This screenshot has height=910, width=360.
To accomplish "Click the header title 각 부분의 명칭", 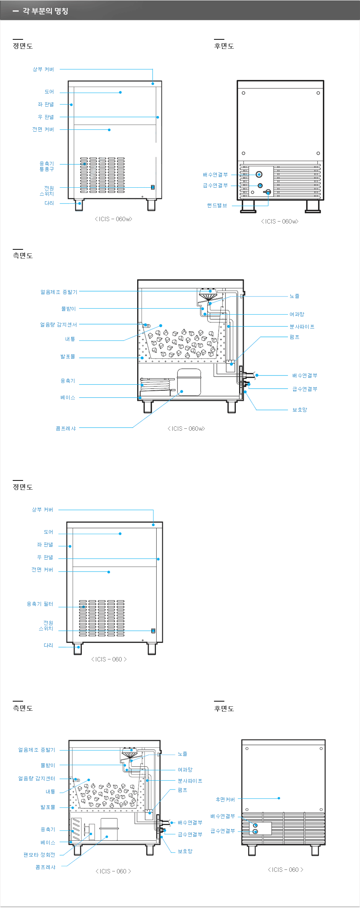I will point(45,11).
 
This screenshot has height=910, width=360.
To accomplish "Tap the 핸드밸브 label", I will point(217,205).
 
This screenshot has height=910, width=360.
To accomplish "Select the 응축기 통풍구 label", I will point(47,166).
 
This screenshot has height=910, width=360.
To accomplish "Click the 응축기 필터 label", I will point(40,604).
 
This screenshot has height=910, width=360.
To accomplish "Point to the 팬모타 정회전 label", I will point(39,855).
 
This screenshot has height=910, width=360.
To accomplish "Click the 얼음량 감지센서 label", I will point(58,325).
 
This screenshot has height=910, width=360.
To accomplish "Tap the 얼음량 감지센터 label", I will point(37,778).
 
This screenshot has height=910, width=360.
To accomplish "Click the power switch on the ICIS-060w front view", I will point(152,187).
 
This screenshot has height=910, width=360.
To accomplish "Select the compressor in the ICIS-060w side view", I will point(189,382).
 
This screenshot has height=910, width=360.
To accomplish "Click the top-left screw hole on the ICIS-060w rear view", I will point(243,93).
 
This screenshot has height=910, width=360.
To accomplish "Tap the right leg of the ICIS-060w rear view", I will point(313,206).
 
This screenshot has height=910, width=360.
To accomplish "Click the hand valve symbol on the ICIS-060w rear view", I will point(267,192).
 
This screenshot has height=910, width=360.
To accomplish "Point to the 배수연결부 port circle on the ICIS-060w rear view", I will point(259,174).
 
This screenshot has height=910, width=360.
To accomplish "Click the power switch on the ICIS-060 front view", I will point(153,631).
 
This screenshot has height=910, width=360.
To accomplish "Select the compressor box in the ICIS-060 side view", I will point(109,829).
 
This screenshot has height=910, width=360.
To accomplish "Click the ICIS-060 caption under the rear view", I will point(285,869).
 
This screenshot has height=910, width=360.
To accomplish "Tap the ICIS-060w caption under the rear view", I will point(280,221).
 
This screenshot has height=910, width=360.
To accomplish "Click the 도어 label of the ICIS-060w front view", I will point(49,92).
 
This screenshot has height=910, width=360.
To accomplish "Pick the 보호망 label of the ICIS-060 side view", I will point(185,851).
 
